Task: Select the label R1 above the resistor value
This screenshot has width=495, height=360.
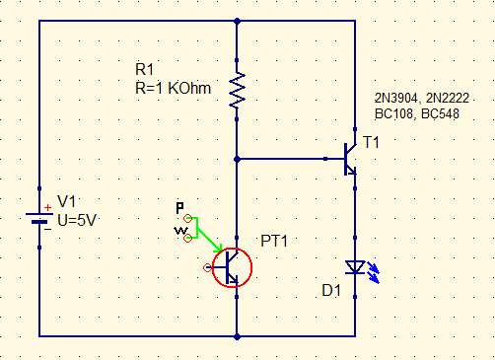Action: (145, 69)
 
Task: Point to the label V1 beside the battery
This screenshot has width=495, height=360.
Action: (66, 200)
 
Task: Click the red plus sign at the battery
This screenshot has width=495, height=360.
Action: (44, 208)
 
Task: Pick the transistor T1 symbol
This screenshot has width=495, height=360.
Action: (348, 157)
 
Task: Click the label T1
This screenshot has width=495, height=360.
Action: (371, 143)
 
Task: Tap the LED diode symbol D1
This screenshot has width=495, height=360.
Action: (353, 266)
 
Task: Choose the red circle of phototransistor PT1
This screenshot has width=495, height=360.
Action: (231, 266)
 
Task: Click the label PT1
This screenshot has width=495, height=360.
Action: (274, 241)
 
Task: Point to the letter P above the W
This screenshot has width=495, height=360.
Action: (179, 208)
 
